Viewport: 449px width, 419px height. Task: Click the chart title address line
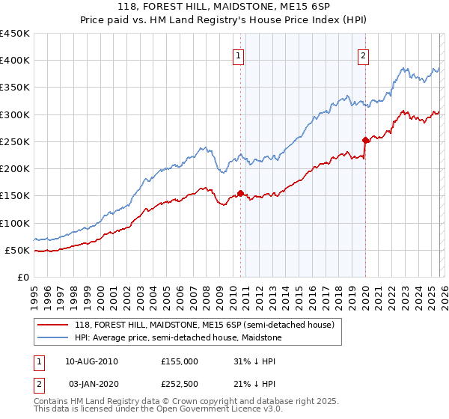pyautogui.click(x=224, y=7)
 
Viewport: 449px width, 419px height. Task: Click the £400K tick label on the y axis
pyautogui.click(x=15, y=61)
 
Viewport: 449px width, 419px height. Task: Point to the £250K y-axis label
pyautogui.click(x=15, y=141)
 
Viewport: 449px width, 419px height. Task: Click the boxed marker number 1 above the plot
pyautogui.click(x=239, y=55)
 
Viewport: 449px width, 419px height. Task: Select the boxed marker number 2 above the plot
pyautogui.click(x=363, y=55)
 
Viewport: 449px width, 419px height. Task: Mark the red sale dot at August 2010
pyautogui.click(x=240, y=193)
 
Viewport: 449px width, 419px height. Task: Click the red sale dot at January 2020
pyautogui.click(x=365, y=140)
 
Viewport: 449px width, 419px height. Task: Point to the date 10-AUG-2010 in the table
pyautogui.click(x=92, y=361)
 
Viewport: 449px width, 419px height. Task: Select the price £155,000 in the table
pyautogui.click(x=180, y=361)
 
